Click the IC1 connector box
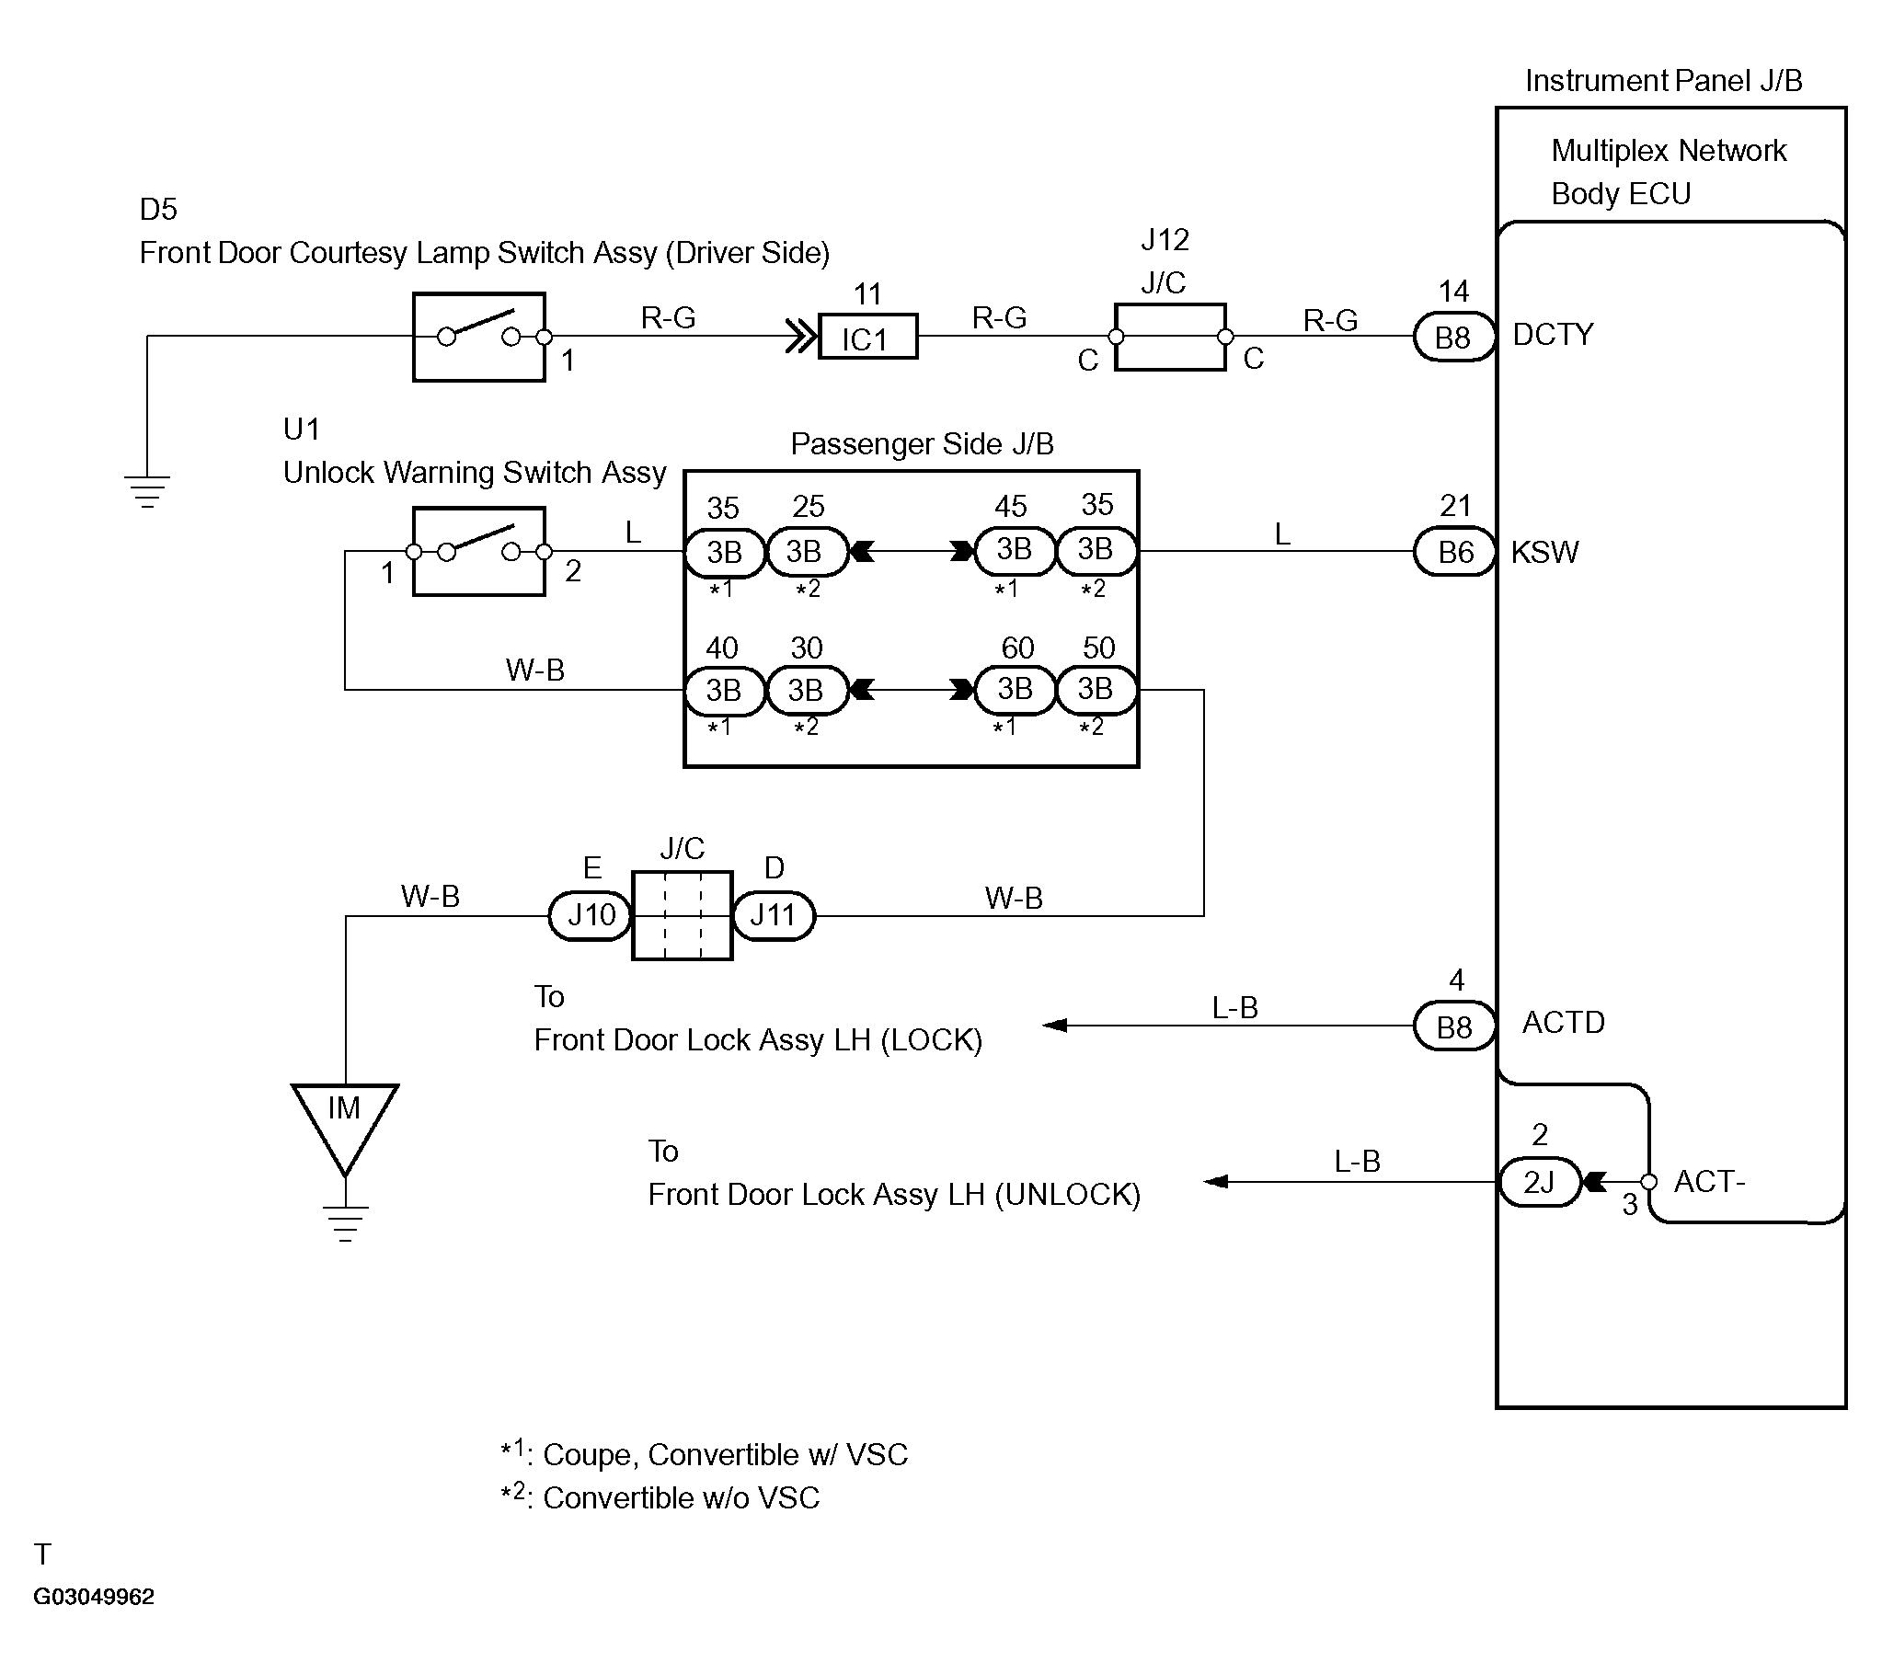click(x=867, y=337)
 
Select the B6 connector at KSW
click(x=1455, y=552)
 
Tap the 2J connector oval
click(x=1540, y=1181)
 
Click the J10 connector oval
click(x=591, y=915)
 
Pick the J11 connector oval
click(x=774, y=915)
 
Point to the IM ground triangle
click(x=345, y=1125)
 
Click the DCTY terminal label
click(x=1554, y=334)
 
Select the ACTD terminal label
click(x=1564, y=1022)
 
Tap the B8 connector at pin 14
click(x=1454, y=337)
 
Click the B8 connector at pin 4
click(x=1455, y=1026)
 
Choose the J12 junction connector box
click(x=1170, y=337)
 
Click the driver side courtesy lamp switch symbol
click(x=479, y=337)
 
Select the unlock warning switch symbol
click(x=479, y=552)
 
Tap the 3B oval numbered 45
click(x=1014, y=550)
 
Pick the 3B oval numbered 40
click(x=725, y=691)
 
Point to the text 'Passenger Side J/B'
click(x=922, y=444)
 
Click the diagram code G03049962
click(x=94, y=1596)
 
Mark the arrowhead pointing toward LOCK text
click(x=1054, y=1025)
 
